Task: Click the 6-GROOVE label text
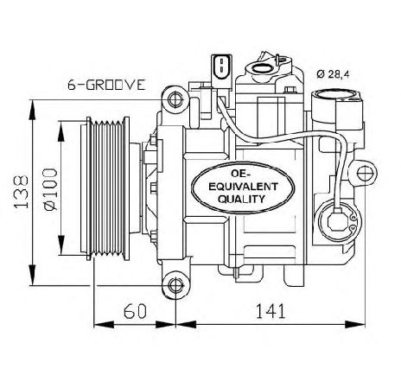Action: (x=106, y=85)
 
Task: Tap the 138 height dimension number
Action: (x=22, y=192)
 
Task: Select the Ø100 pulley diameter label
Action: (x=50, y=189)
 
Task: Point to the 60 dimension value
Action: (x=135, y=311)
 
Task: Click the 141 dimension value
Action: (x=271, y=311)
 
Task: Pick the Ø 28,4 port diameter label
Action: (x=333, y=74)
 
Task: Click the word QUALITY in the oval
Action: (x=241, y=199)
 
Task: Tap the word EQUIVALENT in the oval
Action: (x=243, y=187)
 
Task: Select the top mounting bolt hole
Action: (x=175, y=100)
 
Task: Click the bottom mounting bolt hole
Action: (x=175, y=285)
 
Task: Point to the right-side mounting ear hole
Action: (x=364, y=173)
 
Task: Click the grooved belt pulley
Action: (x=105, y=189)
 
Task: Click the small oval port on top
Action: (x=263, y=68)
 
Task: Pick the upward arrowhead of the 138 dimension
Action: (x=33, y=110)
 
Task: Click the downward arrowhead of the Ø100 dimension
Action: (x=61, y=245)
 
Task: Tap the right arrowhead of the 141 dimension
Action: (x=355, y=324)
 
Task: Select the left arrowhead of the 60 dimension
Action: (x=104, y=325)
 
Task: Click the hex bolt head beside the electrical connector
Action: (x=290, y=90)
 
